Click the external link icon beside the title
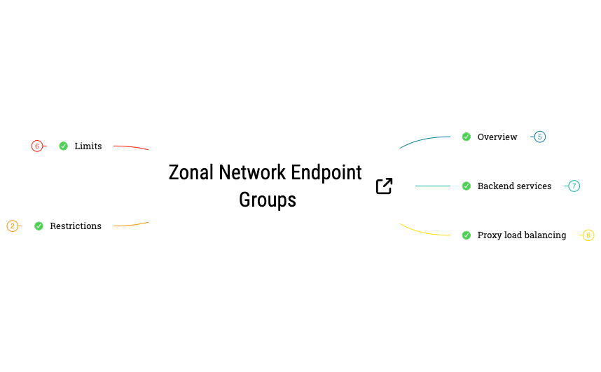click(384, 186)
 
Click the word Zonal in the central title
click(191, 172)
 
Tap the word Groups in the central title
click(268, 200)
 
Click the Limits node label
click(88, 146)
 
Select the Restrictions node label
click(76, 226)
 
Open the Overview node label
click(497, 137)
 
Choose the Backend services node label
click(514, 186)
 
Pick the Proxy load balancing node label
click(522, 235)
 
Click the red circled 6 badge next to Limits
click(37, 146)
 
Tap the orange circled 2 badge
click(13, 226)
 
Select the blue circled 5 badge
click(539, 137)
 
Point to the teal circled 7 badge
click(574, 186)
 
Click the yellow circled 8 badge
click(588, 235)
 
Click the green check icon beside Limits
click(64, 146)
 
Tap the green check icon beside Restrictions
click(39, 226)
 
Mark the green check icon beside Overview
click(467, 137)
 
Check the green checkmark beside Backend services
click(467, 186)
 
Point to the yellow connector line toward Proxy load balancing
click(424, 232)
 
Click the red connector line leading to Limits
click(131, 147)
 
